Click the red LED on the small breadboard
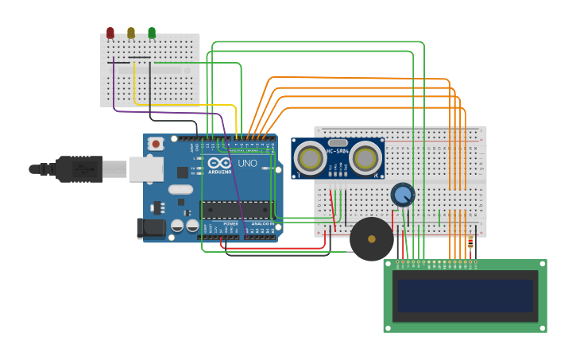click(x=110, y=33)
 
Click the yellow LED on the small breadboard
click(x=131, y=33)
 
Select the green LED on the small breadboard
click(x=152, y=33)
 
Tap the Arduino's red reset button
click(x=156, y=144)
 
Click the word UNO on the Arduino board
click(x=247, y=164)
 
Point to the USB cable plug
click(x=79, y=168)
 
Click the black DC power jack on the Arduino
click(x=151, y=228)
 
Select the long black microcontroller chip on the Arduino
click(x=237, y=209)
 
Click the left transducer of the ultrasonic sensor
click(x=310, y=158)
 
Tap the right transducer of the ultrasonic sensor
click(x=365, y=158)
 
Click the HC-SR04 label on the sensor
click(x=338, y=151)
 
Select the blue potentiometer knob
click(x=403, y=194)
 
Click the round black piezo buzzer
click(x=372, y=239)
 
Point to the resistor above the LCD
click(x=470, y=243)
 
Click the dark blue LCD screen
click(x=466, y=296)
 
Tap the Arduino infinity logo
click(x=220, y=163)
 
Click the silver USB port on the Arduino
click(x=145, y=169)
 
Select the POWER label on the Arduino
click(x=230, y=224)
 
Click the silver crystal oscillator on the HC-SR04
click(x=338, y=143)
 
